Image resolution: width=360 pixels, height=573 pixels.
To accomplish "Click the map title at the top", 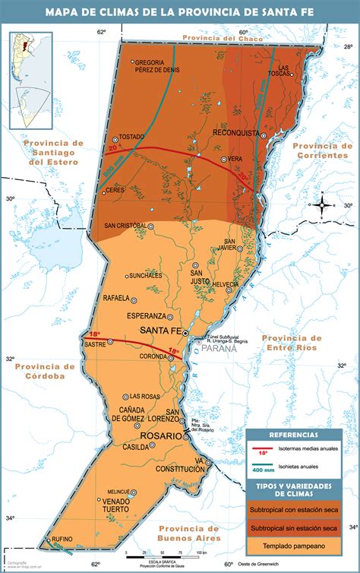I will tap(180, 11).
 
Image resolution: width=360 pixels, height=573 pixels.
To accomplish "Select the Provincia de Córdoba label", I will tap(44, 370).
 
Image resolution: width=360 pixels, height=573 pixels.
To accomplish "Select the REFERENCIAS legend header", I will tap(293, 435).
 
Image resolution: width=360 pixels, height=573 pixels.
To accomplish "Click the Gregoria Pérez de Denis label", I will tap(157, 66).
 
